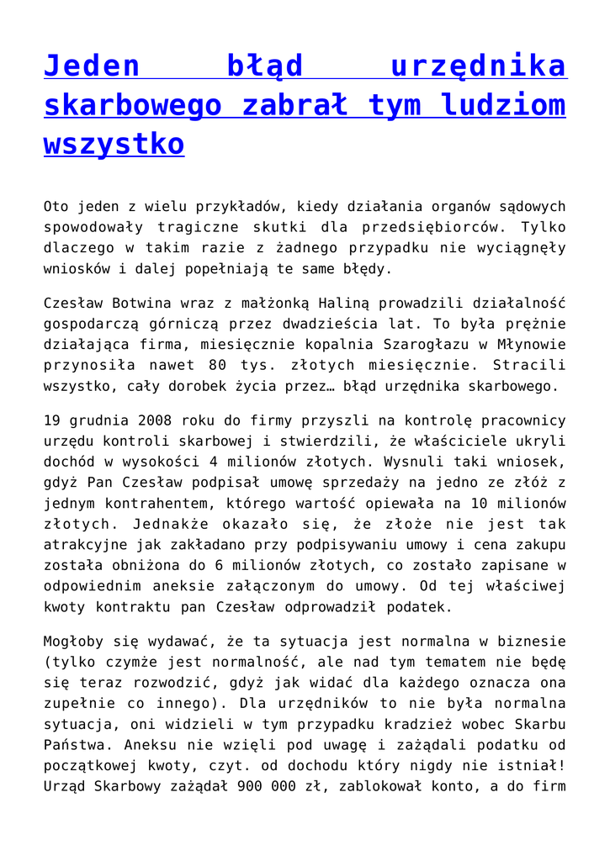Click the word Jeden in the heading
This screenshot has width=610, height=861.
click(x=91, y=66)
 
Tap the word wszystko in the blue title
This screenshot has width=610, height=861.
click(x=114, y=144)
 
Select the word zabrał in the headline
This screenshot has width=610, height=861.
click(x=293, y=105)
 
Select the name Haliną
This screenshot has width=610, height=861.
click(x=319, y=303)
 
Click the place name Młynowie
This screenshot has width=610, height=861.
click(x=532, y=345)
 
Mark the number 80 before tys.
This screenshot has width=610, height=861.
click(x=215, y=366)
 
